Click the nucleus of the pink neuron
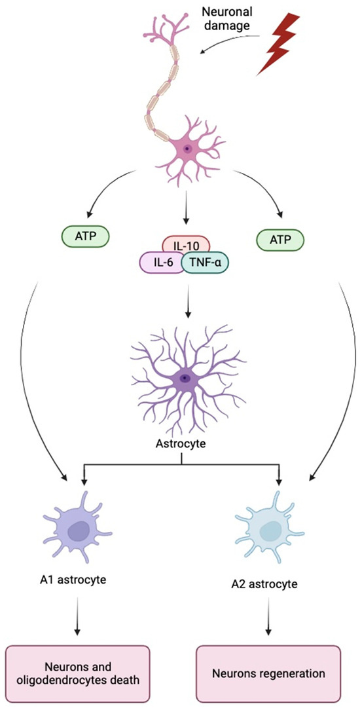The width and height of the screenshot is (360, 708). click(188, 149)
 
